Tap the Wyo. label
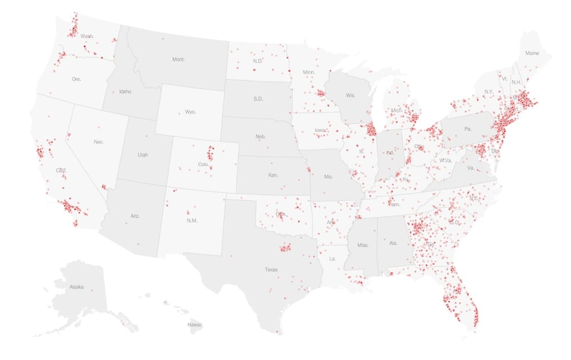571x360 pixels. pos(191,112)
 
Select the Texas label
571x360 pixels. pos(271,269)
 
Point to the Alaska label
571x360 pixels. pos(76,287)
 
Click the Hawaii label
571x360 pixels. pos(195,325)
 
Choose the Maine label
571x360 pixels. pos(532,54)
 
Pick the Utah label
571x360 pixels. pos(142,155)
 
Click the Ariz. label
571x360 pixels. pos(135,216)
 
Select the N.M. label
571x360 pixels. pos(192,220)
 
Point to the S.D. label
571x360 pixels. pos(258,99)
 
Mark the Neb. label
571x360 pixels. pos(261,137)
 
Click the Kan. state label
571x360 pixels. pos(273,175)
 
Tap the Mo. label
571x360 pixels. pos(328,177)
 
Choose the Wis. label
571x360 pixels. pos(350,95)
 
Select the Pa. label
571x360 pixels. pos(468,129)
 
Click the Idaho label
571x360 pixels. pos(124,91)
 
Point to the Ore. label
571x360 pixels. pos(77,79)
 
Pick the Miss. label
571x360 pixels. pos(363,245)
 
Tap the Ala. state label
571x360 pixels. pos(393,243)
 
